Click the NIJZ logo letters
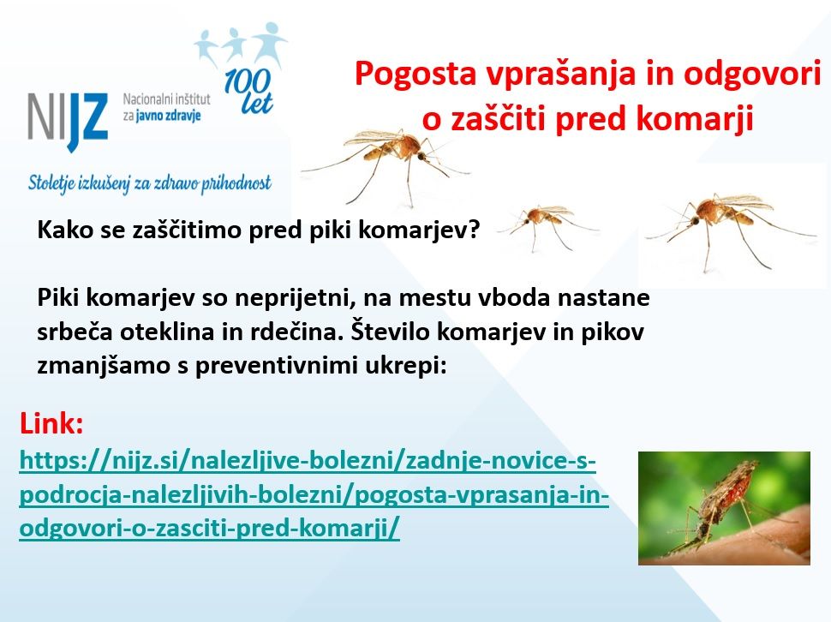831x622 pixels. tap(68, 120)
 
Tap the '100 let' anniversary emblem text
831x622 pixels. tap(248, 91)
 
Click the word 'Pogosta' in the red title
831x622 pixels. tap(415, 73)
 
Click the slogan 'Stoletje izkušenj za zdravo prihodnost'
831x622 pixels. tap(149, 184)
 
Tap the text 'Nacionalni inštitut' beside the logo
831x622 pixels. tap(166, 99)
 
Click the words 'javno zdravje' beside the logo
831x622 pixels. tap(168, 116)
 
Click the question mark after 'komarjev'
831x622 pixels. tap(473, 230)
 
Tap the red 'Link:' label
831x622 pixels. tap(51, 424)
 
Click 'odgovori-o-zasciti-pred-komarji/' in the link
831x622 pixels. tap(209, 529)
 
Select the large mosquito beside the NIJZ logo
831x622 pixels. tap(386, 163)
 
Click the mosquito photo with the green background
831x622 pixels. tap(724, 508)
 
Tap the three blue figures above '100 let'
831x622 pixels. tap(241, 46)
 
